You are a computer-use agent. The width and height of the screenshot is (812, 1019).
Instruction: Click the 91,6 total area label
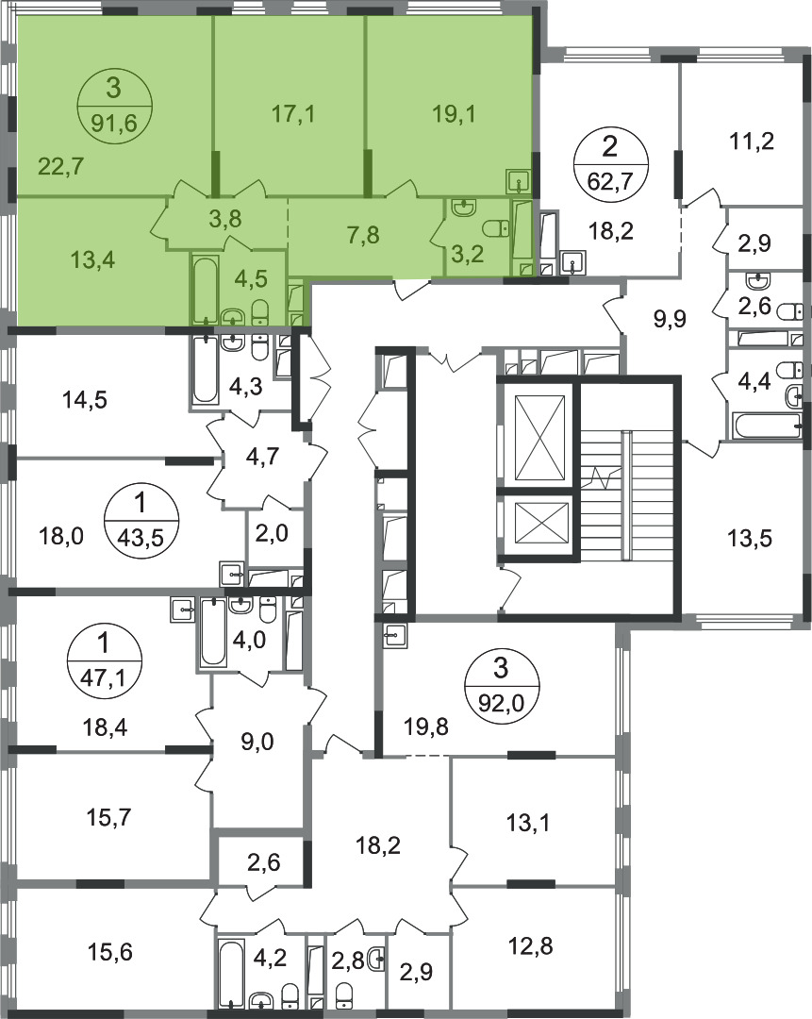114,123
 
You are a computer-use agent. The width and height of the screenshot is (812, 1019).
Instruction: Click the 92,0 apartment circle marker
502,684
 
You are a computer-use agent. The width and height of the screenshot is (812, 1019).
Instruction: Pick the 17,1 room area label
292,114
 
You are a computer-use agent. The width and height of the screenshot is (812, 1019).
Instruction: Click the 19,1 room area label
454,114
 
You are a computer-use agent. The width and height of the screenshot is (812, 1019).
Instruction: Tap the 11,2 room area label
752,141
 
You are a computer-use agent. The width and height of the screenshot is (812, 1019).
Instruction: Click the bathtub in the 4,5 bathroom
206,290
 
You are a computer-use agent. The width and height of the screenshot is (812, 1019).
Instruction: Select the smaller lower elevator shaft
539,524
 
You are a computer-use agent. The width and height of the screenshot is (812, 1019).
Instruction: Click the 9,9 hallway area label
669,320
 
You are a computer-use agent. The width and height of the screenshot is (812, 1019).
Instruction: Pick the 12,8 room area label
530,944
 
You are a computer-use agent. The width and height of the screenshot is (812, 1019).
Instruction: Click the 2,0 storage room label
272,533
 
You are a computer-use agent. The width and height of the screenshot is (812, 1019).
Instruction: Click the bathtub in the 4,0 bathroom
213,632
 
